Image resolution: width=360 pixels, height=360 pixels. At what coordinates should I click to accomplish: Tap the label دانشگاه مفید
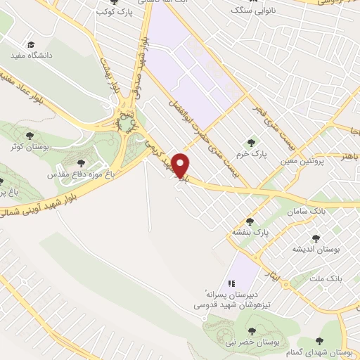(29, 53)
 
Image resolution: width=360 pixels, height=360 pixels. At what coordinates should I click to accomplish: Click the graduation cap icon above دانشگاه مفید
(29, 43)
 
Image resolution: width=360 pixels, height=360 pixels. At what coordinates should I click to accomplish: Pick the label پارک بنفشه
(251, 231)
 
